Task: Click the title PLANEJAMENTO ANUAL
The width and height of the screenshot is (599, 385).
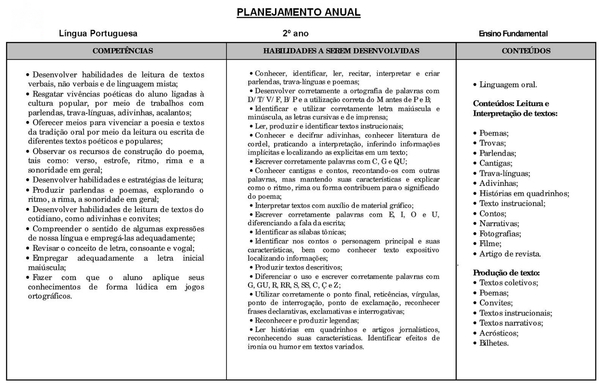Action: pos(298,12)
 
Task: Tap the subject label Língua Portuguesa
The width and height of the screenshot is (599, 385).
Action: pos(98,34)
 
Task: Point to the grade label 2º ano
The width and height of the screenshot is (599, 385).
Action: pos(295,34)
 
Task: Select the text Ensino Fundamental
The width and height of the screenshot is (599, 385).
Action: pos(513,34)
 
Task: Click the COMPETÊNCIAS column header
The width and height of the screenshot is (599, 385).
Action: pos(123,51)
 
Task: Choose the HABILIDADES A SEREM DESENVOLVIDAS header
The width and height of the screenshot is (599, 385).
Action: pos(341,51)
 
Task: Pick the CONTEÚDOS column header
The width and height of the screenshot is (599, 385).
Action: pos(526,51)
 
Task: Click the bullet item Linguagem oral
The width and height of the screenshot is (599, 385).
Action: pos(508,85)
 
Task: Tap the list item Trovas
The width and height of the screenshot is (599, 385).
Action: pos(493,143)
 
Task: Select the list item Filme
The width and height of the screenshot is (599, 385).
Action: pos(490,244)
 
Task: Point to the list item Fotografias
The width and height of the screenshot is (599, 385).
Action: pos(500,234)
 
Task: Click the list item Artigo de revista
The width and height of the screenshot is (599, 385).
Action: pos(510,254)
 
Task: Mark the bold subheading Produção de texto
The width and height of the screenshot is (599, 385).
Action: pos(506,273)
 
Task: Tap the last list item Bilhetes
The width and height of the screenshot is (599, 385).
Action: pos(494,343)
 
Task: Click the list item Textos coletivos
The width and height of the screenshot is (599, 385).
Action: pos(508,283)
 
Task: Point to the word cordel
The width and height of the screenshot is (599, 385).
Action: pos(258,144)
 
